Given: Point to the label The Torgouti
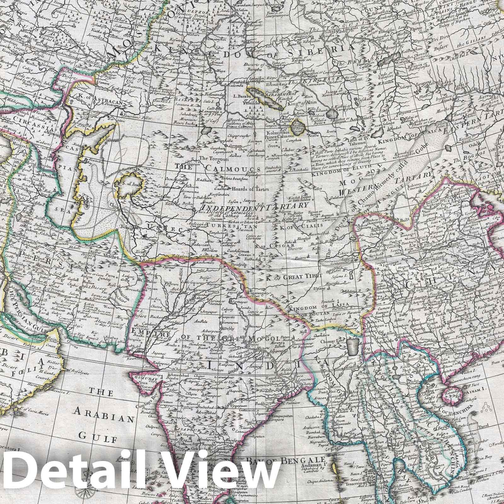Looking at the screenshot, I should [x=211, y=159].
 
